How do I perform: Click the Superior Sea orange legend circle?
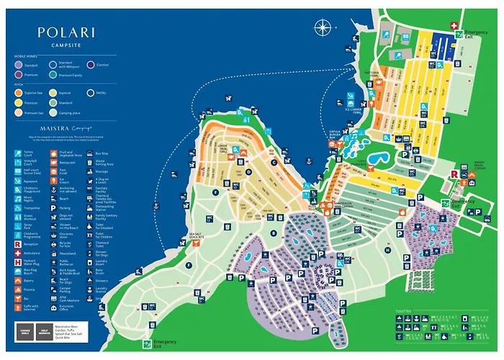pyautogui.click(x=17, y=92)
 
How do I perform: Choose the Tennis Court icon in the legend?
pyautogui.click(x=17, y=152)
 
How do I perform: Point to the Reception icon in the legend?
pyautogui.click(x=17, y=244)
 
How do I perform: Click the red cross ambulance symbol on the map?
pyautogui.click(x=454, y=26)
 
